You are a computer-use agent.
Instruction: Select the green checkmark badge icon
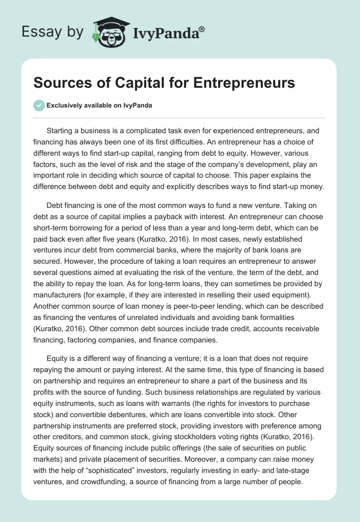[39, 105]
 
